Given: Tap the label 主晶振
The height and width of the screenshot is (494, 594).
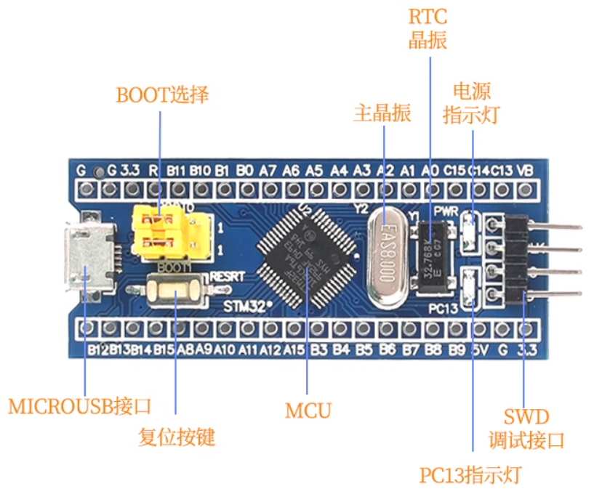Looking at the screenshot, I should [382, 113].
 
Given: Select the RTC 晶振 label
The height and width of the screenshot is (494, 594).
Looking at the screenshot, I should [428, 28].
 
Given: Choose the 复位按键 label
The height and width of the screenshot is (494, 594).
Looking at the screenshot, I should [177, 437].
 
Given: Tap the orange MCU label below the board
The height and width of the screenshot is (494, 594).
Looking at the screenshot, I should [308, 410].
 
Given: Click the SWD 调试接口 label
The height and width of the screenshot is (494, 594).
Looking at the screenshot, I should [526, 429].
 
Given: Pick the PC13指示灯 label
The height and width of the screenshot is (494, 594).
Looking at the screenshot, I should [470, 476].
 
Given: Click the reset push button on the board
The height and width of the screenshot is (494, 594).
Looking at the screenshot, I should [177, 291].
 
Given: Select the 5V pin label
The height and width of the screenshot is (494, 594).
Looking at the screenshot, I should [479, 350].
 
